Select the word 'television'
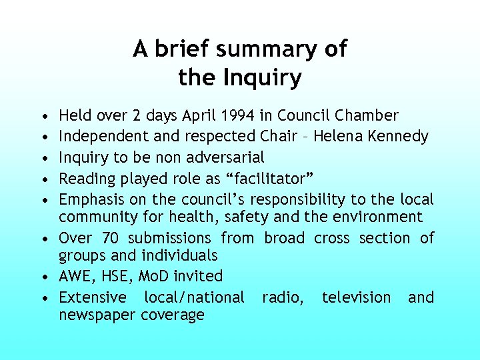tap(357, 297)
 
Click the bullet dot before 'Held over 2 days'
tap(43, 116)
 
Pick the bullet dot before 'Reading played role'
tap(43, 179)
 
